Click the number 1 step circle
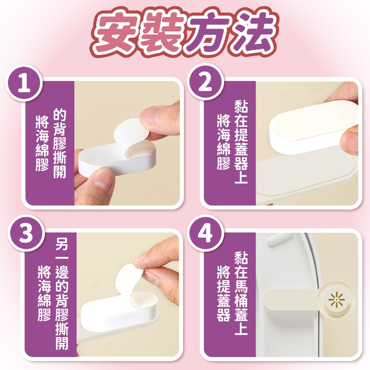(24, 83)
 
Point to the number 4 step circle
(205, 233)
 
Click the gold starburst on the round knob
(336, 300)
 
